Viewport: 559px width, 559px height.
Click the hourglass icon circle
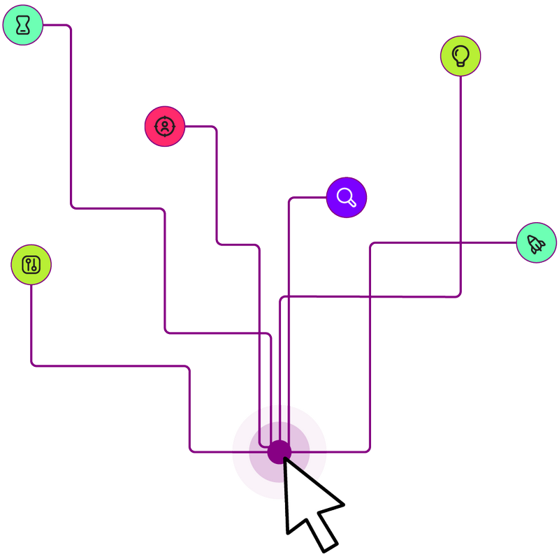pos(23,26)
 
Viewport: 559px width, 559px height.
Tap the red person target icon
pos(164,126)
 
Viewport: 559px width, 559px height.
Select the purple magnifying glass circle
pos(347,198)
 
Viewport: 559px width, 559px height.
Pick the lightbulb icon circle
pos(460,56)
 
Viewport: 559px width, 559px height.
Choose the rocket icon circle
pos(537,243)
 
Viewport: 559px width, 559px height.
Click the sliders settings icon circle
pos(31,265)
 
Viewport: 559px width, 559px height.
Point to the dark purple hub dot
pos(279,451)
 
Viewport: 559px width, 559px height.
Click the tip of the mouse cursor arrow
pos(284,458)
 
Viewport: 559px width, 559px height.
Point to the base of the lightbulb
pos(460,64)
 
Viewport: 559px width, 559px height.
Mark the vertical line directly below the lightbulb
pos(460,175)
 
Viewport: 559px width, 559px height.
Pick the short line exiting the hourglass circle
pos(56,26)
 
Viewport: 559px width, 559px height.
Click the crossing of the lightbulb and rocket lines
pos(460,243)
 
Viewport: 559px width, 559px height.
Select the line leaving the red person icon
pos(199,126)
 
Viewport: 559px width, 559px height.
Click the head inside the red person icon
pos(164,124)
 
